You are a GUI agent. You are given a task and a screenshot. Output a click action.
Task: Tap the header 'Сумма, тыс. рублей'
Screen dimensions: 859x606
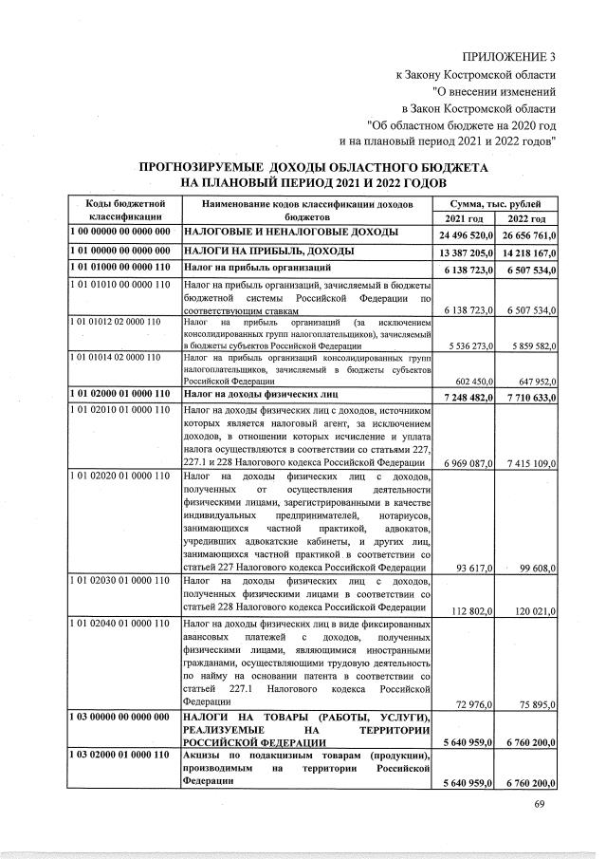point(498,204)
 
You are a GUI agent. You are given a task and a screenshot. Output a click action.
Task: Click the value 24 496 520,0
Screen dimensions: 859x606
point(468,234)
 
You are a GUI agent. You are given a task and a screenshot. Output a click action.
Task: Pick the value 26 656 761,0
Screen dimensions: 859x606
point(527,234)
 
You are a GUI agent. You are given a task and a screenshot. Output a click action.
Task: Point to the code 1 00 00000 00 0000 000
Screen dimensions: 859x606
point(119,232)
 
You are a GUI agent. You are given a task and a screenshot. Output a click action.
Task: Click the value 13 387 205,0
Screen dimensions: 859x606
point(468,252)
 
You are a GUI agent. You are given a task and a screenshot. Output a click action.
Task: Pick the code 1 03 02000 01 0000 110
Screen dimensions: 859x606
point(119,754)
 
